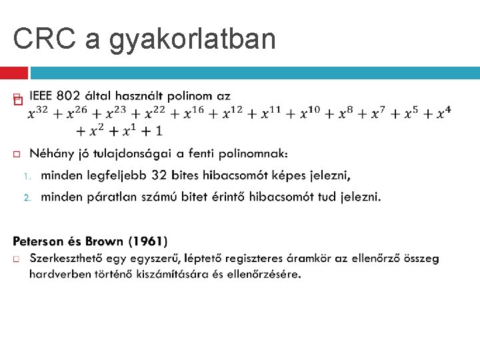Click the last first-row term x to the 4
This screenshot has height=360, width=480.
443,113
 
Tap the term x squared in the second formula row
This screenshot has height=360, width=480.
100,129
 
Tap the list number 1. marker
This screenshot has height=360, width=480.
27,176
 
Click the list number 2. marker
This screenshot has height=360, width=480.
27,197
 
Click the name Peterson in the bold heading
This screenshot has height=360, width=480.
40,241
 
